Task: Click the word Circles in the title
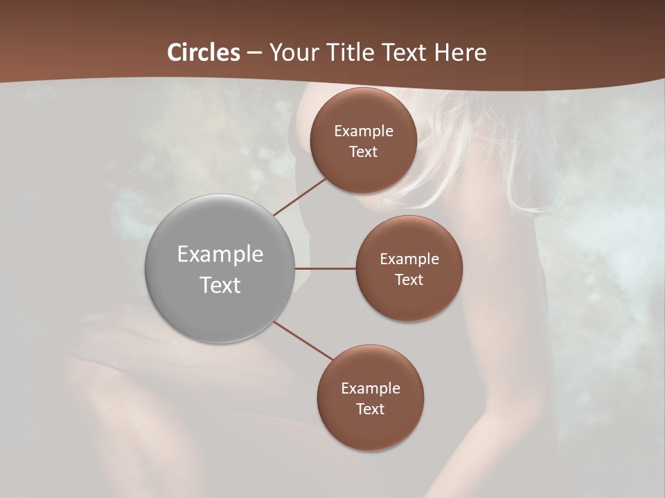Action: coord(203,53)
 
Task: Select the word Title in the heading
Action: coord(355,53)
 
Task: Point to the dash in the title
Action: coord(254,53)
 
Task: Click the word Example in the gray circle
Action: coord(220,255)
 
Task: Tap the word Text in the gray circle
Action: coord(220,285)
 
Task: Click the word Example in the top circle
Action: coord(363,131)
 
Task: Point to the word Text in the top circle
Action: coord(363,152)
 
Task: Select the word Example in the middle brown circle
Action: coord(409,259)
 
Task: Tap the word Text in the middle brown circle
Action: coord(409,280)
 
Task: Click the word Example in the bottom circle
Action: coord(370,389)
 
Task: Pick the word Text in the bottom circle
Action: coord(370,409)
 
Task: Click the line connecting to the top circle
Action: coord(300,196)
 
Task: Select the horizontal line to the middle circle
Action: coord(326,268)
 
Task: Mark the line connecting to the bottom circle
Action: coord(303,340)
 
